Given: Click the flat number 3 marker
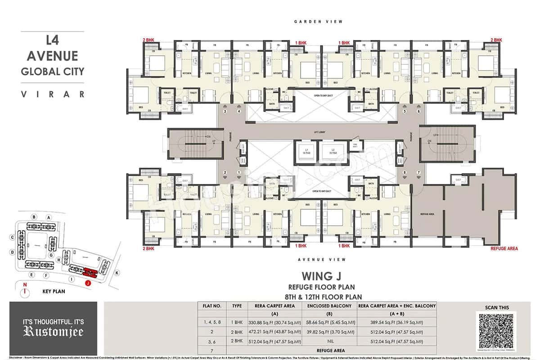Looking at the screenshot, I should [225, 111].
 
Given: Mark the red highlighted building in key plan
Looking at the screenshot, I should [90, 272].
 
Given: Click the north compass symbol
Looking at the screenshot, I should [26, 291].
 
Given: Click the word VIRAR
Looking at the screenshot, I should [53, 94].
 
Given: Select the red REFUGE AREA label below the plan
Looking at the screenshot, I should [504, 248].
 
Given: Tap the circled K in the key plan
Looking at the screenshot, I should [117, 273].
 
